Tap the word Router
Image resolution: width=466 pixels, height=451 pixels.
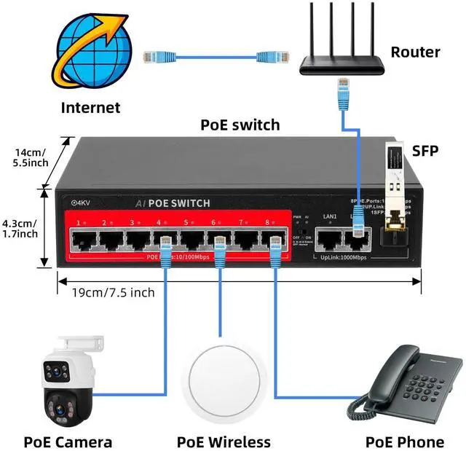415,52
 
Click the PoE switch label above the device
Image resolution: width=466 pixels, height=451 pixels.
240,125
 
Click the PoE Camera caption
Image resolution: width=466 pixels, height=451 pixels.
68,442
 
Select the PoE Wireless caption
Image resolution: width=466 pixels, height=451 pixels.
224,442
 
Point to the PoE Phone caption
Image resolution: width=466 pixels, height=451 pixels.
404,442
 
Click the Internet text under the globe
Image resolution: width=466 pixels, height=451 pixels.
90,108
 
